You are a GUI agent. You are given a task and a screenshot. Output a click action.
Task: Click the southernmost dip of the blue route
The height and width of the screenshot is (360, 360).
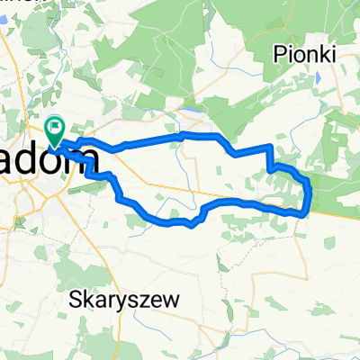pos(193,226)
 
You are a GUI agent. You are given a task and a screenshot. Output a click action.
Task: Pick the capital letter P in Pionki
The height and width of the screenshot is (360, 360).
pos(281,55)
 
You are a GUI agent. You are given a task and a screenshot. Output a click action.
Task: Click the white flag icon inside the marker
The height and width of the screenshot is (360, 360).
pos(56,129)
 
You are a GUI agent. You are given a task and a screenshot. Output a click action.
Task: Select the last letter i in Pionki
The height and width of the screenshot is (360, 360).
pos(332,55)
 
